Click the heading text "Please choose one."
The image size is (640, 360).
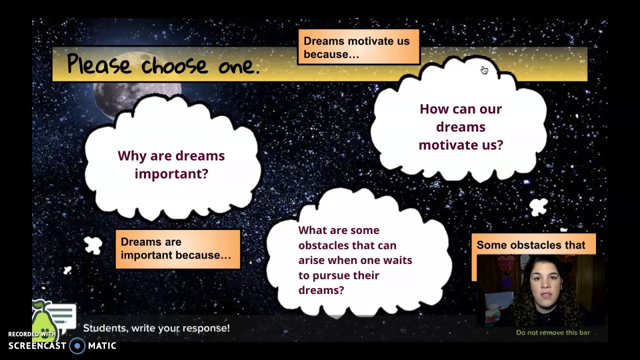tap(163, 65)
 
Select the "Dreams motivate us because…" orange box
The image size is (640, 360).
tap(358, 47)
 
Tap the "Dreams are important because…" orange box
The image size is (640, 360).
tap(177, 249)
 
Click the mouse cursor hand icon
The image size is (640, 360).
tap(484, 70)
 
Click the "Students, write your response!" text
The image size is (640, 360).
tap(156, 328)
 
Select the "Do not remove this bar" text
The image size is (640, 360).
tap(552, 332)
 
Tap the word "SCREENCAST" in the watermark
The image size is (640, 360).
tap(37, 345)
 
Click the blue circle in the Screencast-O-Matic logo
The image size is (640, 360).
tap(77, 345)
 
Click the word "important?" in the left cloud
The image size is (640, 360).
tap(171, 174)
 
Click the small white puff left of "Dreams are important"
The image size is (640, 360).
tap(93, 245)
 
